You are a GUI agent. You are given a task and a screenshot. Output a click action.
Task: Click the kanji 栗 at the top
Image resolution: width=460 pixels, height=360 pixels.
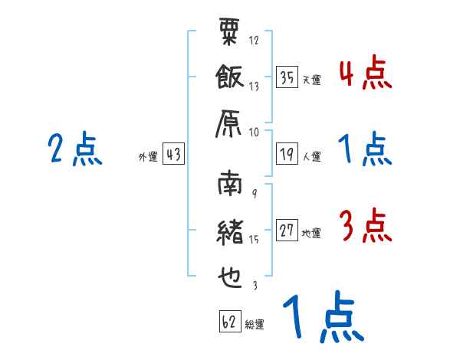[230, 34]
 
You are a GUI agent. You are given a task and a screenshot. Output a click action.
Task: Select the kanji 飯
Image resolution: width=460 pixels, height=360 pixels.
[230, 79]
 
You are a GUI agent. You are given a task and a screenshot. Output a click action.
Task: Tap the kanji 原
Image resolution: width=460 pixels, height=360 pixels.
[230, 125]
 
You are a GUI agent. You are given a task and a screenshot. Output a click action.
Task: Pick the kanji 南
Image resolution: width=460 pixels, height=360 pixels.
[230, 186]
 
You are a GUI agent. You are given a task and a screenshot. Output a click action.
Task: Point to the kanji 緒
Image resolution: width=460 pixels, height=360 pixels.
[230, 232]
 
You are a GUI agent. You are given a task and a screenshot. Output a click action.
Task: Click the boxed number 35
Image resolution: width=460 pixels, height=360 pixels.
[287, 77]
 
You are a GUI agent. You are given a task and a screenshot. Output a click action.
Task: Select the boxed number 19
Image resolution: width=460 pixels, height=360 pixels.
[287, 154]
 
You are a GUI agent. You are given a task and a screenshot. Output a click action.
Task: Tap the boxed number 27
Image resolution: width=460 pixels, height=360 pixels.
[287, 231]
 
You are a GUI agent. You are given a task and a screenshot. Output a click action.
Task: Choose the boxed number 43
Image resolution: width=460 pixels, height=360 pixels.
[173, 154]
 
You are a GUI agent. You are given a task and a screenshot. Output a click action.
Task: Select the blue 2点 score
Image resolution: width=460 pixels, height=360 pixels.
[74, 150]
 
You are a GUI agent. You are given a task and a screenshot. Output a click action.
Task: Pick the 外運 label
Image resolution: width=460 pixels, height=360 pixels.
[147, 156]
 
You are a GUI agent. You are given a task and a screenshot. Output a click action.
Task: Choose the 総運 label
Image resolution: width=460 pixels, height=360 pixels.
[255, 325]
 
